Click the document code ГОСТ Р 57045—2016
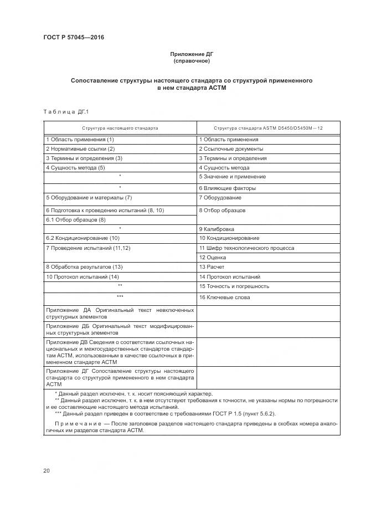click(x=73, y=38)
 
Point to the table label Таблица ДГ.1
click(x=62, y=112)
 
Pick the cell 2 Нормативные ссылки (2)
click(x=80, y=149)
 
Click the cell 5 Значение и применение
click(x=232, y=177)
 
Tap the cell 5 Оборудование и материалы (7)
click(x=89, y=198)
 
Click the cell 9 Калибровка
click(x=216, y=229)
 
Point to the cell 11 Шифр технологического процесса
click(x=246, y=248)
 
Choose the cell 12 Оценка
click(x=212, y=258)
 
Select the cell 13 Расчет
click(x=212, y=267)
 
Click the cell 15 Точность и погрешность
click(x=234, y=286)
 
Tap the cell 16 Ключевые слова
click(x=224, y=298)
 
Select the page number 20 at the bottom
click(x=47, y=471)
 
